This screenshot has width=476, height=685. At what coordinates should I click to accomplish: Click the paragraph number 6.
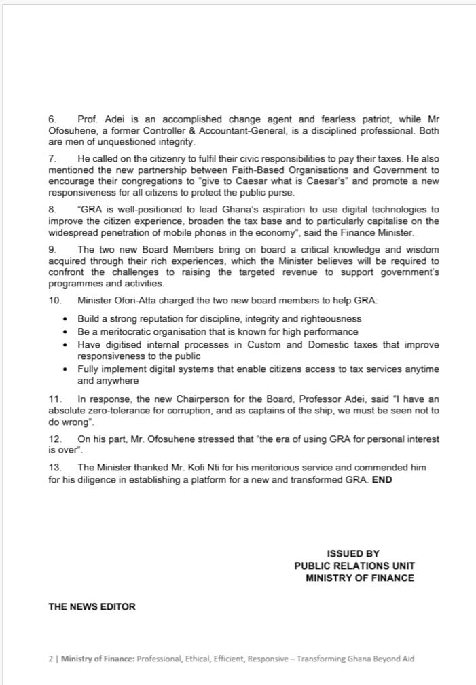coord(52,119)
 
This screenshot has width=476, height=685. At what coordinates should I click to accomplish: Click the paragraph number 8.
coord(52,210)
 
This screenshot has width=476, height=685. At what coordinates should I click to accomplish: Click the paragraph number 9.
coord(52,250)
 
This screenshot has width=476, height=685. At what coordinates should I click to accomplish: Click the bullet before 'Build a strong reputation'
coord(65,319)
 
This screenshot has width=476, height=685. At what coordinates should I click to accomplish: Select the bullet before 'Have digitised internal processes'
coord(65,345)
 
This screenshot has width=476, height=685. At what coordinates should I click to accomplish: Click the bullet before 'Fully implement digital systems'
coord(65,369)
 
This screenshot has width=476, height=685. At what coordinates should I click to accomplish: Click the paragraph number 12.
coord(54,439)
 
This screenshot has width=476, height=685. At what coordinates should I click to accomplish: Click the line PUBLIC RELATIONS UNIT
coord(354,566)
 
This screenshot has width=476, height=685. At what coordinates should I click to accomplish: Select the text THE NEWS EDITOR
coord(92,606)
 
